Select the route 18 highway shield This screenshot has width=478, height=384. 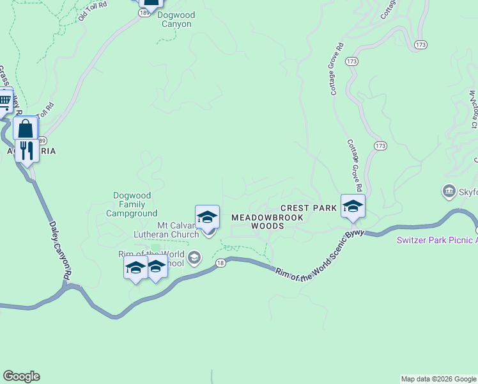220,262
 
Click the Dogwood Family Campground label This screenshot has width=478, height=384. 135,204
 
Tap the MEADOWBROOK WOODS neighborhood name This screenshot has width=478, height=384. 257,221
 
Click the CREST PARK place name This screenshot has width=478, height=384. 309,208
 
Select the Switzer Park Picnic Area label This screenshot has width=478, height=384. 437,240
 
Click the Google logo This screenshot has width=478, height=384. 21,376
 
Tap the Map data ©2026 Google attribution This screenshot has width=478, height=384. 438,379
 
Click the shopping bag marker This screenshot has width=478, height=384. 26,129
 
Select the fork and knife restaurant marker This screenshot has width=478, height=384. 26,151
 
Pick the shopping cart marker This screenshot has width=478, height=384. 4,100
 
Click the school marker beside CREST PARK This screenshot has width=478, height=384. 353,206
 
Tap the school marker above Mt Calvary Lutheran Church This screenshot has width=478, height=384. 207,217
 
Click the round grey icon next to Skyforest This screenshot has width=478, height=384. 449,191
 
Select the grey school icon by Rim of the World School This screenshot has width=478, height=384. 194,259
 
